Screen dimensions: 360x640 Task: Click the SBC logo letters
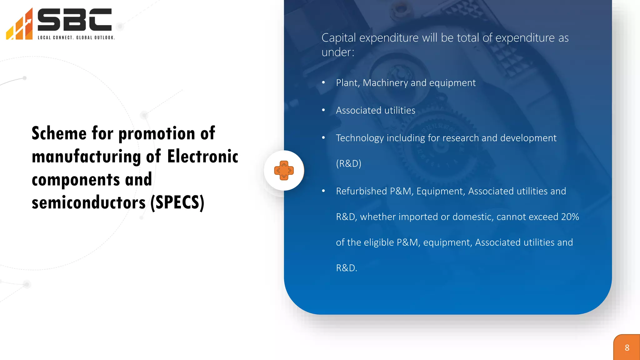point(74,20)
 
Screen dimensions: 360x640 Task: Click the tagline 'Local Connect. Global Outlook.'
point(76,37)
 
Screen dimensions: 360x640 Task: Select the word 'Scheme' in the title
point(59,133)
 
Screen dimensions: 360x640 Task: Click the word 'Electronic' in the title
point(202,157)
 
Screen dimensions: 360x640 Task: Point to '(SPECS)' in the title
point(177,202)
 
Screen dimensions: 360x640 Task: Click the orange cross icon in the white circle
point(284,170)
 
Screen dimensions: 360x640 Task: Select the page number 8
point(627,348)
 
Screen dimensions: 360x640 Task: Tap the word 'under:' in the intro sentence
point(338,52)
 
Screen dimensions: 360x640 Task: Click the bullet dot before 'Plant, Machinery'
point(323,82)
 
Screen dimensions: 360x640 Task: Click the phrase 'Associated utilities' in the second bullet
point(375,110)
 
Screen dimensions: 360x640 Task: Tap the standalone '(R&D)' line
point(348,163)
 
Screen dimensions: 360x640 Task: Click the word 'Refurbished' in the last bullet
point(362,191)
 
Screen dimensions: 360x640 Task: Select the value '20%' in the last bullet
point(570,217)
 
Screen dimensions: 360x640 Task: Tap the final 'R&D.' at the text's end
point(346,268)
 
